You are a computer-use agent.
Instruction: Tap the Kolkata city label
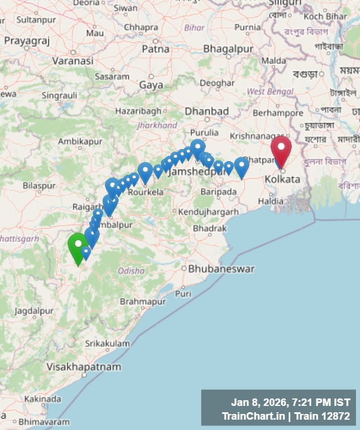click(x=282, y=179)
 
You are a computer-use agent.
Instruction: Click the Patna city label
click(x=155, y=49)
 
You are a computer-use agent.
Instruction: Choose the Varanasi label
click(x=72, y=60)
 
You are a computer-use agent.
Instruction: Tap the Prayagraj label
click(x=27, y=41)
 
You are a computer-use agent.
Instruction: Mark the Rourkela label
click(x=146, y=192)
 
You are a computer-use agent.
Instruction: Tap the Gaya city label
click(x=151, y=85)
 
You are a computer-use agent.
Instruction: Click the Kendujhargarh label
click(x=209, y=212)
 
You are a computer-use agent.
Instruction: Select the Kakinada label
click(x=43, y=398)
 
